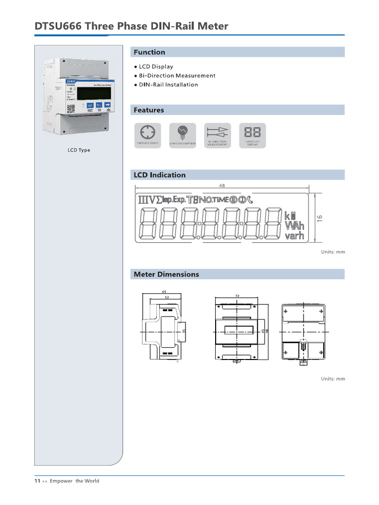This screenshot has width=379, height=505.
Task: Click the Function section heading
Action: (x=150, y=52)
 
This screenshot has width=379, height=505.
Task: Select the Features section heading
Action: (x=149, y=110)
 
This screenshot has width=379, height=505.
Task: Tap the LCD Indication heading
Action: (x=160, y=175)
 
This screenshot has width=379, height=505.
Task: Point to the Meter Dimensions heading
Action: (x=167, y=274)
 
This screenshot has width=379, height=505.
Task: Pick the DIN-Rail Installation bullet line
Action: (x=168, y=84)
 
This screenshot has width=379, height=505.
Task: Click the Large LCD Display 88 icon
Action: (x=252, y=132)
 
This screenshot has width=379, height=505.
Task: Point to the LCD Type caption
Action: (x=79, y=150)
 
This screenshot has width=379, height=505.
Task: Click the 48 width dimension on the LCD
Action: (x=222, y=186)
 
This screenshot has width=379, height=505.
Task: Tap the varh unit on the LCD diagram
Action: (x=294, y=237)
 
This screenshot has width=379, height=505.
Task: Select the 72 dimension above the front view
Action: (x=237, y=295)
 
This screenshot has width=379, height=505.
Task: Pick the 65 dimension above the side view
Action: (x=164, y=292)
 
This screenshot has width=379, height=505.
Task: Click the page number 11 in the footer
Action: (x=37, y=481)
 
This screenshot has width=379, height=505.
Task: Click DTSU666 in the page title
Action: (x=58, y=26)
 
